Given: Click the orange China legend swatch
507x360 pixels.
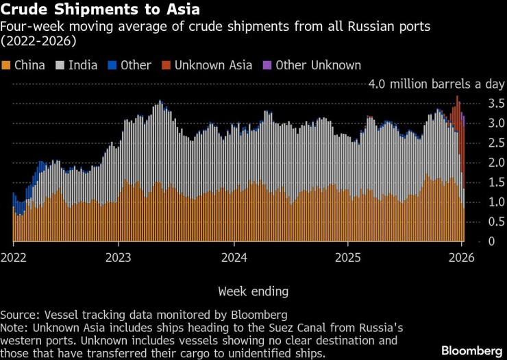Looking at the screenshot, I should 7,65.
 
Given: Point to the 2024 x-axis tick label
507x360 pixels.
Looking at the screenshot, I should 233,259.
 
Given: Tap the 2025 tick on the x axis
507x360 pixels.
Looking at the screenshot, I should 347,259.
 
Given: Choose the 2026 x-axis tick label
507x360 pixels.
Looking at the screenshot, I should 461,259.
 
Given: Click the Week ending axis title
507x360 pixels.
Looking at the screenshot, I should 253,291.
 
